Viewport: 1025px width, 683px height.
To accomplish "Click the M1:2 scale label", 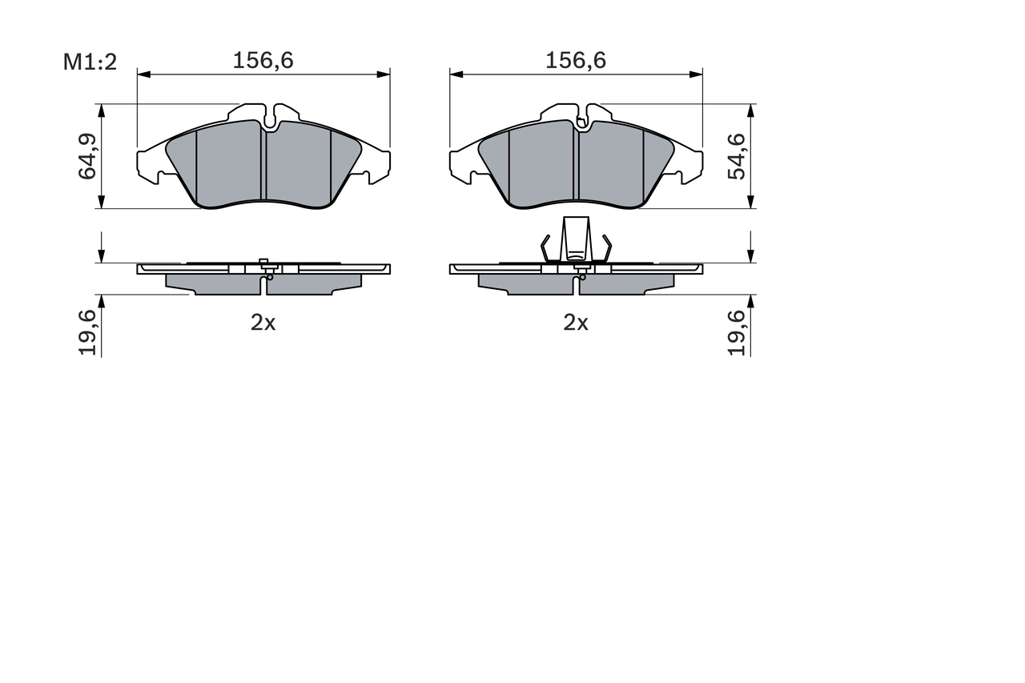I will click(90, 62).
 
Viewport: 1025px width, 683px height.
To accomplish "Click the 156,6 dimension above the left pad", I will click(263, 60).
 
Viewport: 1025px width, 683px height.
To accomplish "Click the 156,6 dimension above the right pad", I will click(576, 60).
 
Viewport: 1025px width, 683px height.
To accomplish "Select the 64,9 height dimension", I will click(87, 156).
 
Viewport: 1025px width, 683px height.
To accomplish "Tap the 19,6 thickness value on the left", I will click(87, 332).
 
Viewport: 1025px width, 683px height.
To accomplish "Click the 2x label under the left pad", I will click(263, 323).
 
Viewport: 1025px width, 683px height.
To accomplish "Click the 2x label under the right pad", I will click(575, 323).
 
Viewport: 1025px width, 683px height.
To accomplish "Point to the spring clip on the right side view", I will click(577, 240).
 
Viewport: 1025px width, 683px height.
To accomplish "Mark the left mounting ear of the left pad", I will click(151, 167).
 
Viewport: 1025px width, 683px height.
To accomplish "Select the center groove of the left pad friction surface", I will click(263, 164).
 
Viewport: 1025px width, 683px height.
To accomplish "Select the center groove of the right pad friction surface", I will click(576, 164).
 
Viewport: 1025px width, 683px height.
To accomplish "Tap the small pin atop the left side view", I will click(263, 262).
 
